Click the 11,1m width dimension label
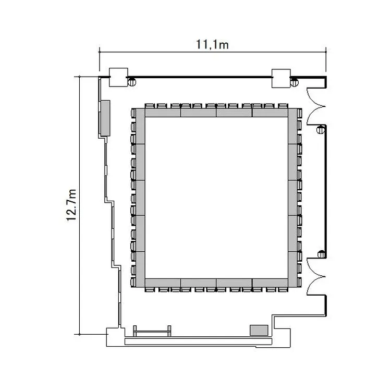[212, 45]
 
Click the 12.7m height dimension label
[71, 205]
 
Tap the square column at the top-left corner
[119, 77]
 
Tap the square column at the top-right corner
[281, 78]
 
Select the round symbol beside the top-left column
[132, 82]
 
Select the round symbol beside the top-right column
[294, 82]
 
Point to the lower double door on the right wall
[315, 276]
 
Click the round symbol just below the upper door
[321, 130]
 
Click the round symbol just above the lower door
[322, 254]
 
